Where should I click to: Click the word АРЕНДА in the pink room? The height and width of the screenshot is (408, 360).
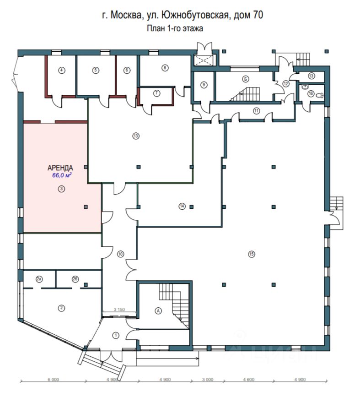pyautogui.click(x=60, y=168)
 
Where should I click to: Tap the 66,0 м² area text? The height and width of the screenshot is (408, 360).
pyautogui.click(x=62, y=175)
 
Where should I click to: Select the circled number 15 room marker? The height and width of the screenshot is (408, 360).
pyautogui.click(x=251, y=255)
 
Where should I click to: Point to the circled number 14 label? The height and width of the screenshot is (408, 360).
pyautogui.click(x=182, y=207)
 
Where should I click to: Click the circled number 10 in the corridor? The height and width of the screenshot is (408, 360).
pyautogui.click(x=121, y=254)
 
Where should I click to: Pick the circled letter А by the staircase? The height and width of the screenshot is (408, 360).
pyautogui.click(x=159, y=310)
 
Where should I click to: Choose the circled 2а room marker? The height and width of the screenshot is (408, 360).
pyautogui.click(x=39, y=278)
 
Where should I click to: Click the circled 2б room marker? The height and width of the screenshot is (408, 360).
pyautogui.click(x=75, y=278)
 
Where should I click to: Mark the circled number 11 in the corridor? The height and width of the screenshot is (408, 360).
pyautogui.click(x=256, y=110)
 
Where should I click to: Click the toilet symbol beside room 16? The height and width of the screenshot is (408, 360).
pyautogui.click(x=321, y=94)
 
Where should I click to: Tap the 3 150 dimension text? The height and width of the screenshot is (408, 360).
pyautogui.click(x=119, y=310)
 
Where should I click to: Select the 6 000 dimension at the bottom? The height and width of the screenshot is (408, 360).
pyautogui.click(x=53, y=380)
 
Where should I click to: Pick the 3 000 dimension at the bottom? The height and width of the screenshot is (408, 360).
pyautogui.click(x=208, y=380)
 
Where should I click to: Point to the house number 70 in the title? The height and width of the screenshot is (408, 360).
pyautogui.click(x=258, y=15)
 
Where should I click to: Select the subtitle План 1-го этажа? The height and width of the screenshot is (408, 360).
pyautogui.click(x=174, y=28)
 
